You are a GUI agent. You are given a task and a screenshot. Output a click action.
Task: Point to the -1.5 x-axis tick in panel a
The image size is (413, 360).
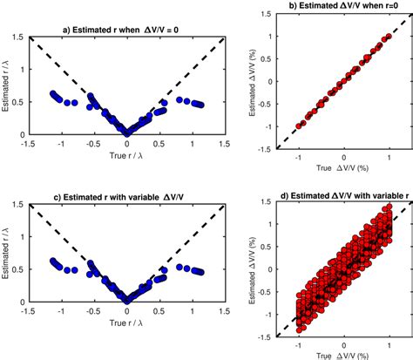[x=30, y=145]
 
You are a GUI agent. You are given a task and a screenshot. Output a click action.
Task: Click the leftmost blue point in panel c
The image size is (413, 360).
[x=52, y=260]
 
